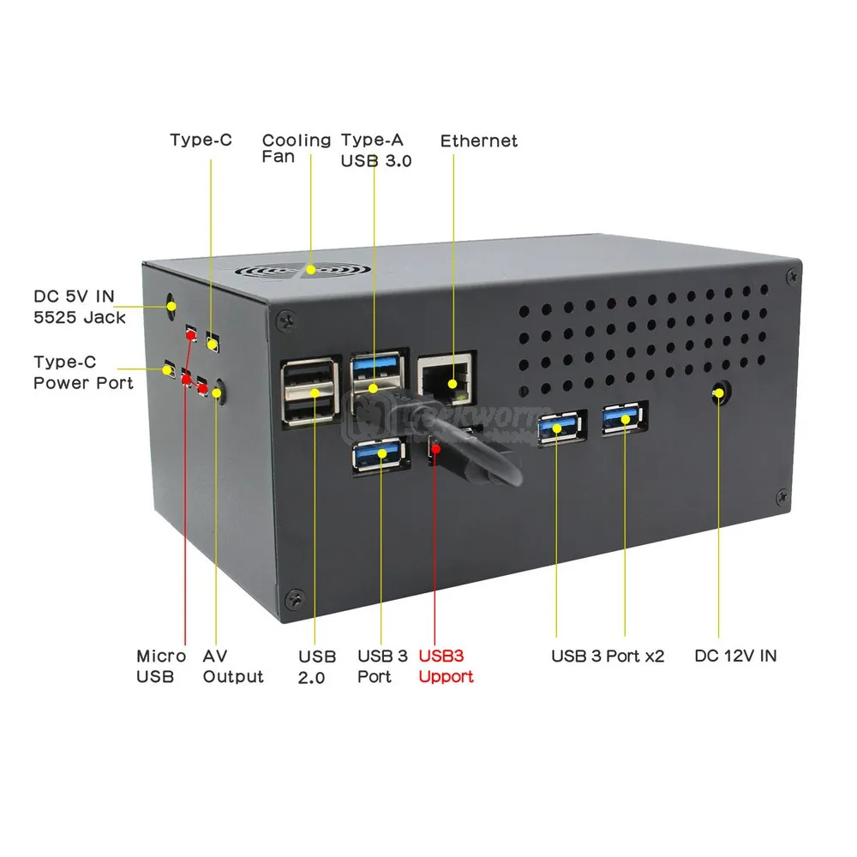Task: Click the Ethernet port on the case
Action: coord(443,377)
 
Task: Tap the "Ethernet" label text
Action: coord(479,141)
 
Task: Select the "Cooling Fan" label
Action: coord(296,147)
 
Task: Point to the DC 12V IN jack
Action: coord(719,394)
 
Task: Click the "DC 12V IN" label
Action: coord(735,656)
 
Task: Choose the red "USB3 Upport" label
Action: coord(446,666)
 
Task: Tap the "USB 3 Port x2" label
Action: coord(608,656)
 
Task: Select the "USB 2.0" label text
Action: coord(317,666)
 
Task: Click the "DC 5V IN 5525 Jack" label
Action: coord(80,308)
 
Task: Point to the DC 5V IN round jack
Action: coord(170,303)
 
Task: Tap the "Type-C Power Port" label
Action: coord(83,372)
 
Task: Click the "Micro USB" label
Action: coord(160,666)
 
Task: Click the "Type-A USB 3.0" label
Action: coord(375,149)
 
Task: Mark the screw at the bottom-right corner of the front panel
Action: coord(782,496)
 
